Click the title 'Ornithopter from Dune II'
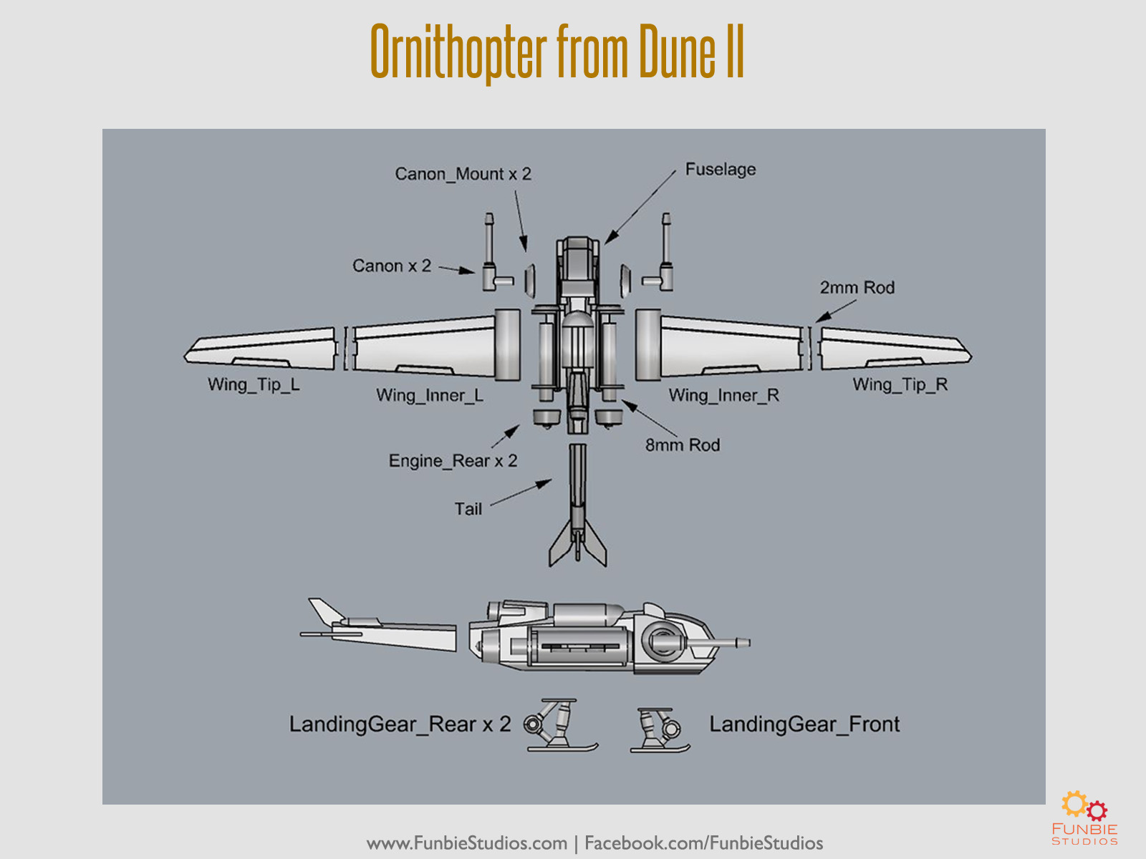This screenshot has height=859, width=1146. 557,52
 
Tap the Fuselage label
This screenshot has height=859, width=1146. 720,170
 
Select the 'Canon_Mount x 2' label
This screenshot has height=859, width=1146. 463,174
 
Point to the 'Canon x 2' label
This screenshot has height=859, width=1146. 391,266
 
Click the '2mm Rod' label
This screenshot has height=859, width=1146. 857,288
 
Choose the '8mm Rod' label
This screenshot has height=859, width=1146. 682,445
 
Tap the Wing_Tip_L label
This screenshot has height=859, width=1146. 254,384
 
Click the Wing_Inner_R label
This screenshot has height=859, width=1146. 723,395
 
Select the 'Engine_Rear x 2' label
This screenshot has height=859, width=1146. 453,461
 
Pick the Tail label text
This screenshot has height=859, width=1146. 468,509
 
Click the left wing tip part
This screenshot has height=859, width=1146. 261,349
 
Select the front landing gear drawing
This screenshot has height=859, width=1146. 660,730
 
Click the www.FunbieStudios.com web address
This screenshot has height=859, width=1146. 467,843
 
